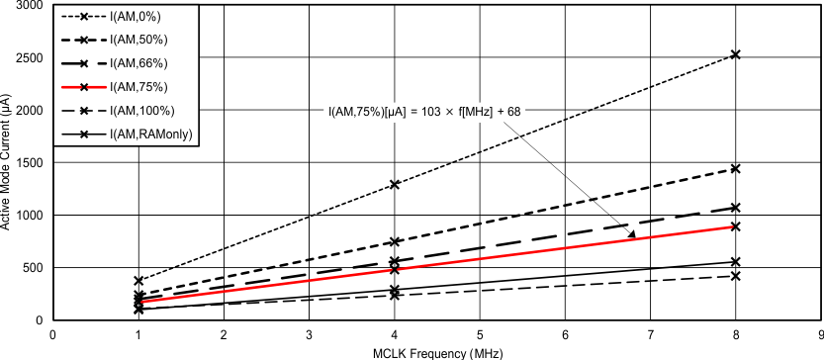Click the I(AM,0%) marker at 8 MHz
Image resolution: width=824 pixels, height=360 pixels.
pyautogui.click(x=736, y=54)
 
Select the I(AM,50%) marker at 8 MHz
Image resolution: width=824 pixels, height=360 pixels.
pyautogui.click(x=736, y=169)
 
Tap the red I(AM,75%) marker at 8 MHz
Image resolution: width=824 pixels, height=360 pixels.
pyautogui.click(x=736, y=226)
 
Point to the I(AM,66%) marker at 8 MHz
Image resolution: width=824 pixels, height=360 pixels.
pyautogui.click(x=736, y=208)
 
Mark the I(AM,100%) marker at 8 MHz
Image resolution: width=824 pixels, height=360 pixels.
pyautogui.click(x=736, y=276)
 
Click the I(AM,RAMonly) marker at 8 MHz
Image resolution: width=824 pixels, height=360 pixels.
pyautogui.click(x=736, y=262)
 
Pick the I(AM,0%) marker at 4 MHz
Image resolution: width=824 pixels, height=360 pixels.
pyautogui.click(x=395, y=184)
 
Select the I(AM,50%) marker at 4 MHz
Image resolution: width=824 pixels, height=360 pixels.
pyautogui.click(x=395, y=241)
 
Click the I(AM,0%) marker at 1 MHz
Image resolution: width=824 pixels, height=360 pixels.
pyautogui.click(x=138, y=281)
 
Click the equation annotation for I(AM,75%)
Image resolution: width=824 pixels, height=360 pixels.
pyautogui.click(x=424, y=111)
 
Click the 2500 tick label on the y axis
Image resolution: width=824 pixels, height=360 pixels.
pyautogui.click(x=28, y=57)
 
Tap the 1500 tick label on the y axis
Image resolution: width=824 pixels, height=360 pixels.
pyautogui.click(x=28, y=162)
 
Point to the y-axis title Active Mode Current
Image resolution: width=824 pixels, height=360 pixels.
pyautogui.click(x=7, y=162)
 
